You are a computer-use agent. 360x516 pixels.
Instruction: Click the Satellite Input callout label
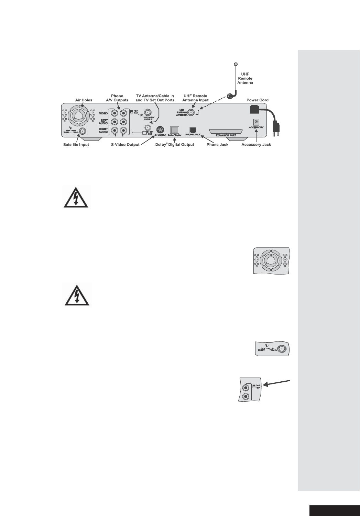pos(76,145)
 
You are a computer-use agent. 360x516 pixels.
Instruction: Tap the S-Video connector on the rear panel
pos(160,130)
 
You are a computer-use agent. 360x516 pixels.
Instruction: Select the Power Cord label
pos(257,100)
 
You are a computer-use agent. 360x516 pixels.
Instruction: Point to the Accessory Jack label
pos(256,145)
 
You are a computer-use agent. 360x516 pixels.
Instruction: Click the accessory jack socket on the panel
pos(256,122)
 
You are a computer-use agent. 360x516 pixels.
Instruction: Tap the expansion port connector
pos(226,132)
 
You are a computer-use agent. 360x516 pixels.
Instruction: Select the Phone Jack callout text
pos(218,145)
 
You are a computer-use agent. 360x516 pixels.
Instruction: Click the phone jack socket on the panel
pos(193,130)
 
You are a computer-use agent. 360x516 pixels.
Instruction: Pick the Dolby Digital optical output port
pos(175,130)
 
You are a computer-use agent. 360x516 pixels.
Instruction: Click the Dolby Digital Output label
pos(175,145)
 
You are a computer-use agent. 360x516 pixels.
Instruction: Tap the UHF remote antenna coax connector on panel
pos(190,112)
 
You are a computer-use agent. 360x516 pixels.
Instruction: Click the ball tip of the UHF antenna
pos(236,64)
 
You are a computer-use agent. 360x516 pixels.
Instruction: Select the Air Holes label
pos(84,100)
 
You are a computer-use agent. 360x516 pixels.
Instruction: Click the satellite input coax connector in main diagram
pos(83,131)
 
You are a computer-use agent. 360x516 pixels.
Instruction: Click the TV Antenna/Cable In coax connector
pos(147,112)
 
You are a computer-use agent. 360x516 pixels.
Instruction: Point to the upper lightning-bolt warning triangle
pos(76,198)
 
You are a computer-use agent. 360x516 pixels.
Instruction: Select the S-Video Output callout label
pos(125,145)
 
